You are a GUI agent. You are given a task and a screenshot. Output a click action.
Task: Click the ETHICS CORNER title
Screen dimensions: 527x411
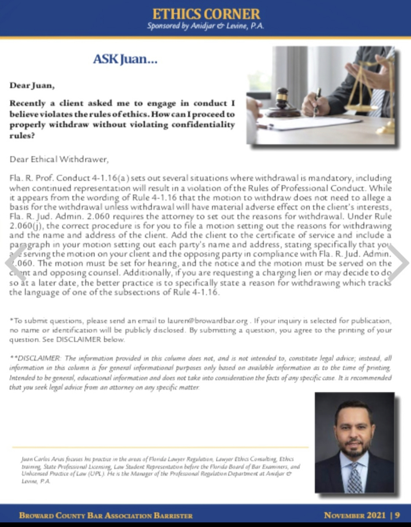point(206,14)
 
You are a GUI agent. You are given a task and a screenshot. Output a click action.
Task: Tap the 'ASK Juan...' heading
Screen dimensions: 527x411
point(125,59)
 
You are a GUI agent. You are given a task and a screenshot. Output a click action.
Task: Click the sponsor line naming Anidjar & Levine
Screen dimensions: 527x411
point(205,26)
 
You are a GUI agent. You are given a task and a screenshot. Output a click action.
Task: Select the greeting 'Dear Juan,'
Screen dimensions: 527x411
point(32,85)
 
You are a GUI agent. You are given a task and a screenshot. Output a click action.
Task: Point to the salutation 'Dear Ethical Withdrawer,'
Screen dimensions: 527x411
point(59,159)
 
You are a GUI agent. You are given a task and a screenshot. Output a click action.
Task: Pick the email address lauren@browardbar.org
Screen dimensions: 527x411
point(207,321)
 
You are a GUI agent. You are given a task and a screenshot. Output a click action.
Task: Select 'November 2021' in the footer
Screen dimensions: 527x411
point(355,515)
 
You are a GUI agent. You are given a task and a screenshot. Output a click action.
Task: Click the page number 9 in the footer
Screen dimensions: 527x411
point(397,515)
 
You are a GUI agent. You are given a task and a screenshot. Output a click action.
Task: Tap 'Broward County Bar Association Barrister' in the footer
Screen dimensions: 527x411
point(106,516)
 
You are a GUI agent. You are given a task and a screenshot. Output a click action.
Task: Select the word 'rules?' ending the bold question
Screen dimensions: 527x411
point(22,136)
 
